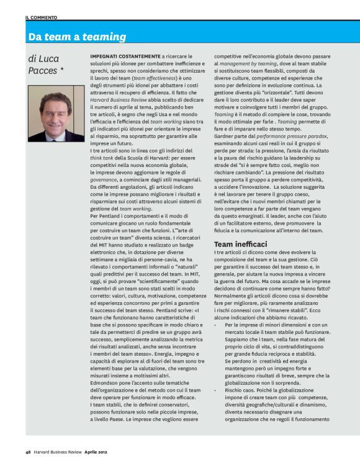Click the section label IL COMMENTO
pyautogui.click(x=40, y=17)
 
